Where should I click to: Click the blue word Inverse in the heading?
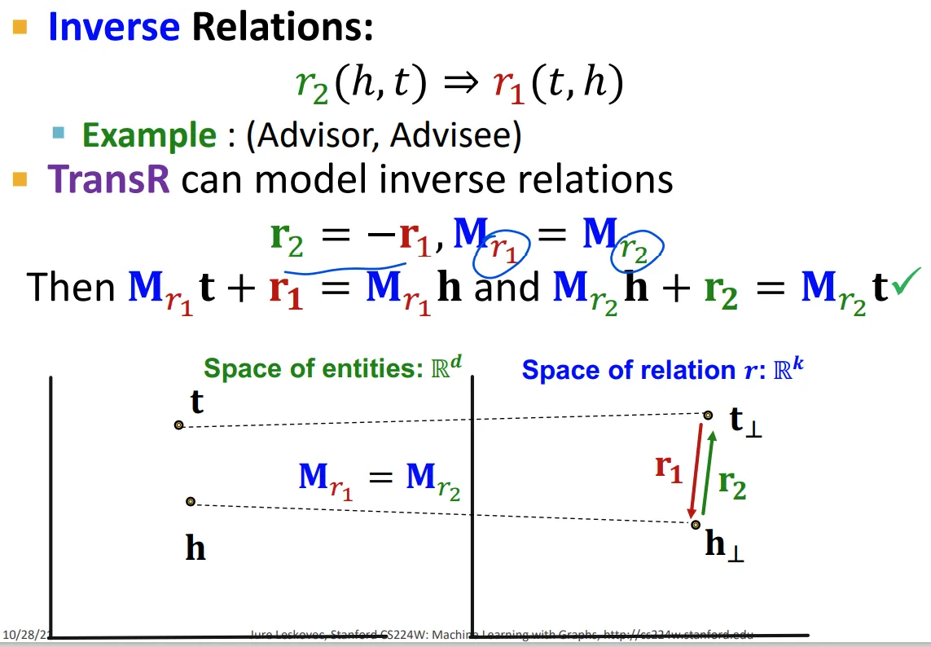coord(113,26)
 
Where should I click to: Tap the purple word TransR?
coord(108,179)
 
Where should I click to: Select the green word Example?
coord(149,135)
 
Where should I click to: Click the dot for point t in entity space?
coord(178,425)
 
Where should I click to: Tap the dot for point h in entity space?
coord(190,501)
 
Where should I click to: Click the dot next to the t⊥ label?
coord(708,416)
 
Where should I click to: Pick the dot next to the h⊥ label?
coord(694,524)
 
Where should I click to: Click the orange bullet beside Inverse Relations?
coord(20,27)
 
